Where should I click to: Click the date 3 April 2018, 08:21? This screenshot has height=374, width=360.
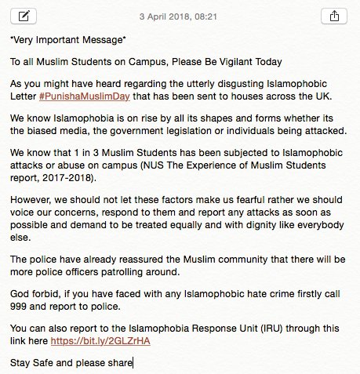(180, 16)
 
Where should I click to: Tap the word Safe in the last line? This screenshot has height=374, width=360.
(42, 362)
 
